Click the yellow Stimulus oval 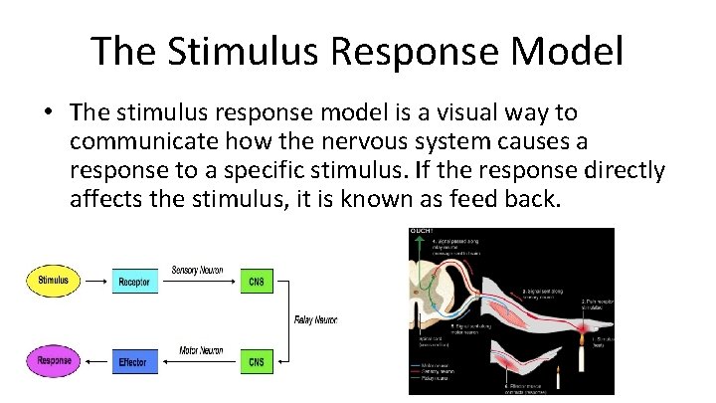pyautogui.click(x=54, y=281)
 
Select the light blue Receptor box pyautogui.click(x=134, y=282)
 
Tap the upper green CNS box pyautogui.click(x=257, y=282)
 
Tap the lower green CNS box pyautogui.click(x=257, y=361)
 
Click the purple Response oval pyautogui.click(x=54, y=361)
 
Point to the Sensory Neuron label pyautogui.click(x=198, y=270)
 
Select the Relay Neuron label pyautogui.click(x=315, y=320)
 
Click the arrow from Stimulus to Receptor pyautogui.click(x=96, y=282)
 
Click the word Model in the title pyautogui.click(x=568, y=51)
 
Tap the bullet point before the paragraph pyautogui.click(x=48, y=113)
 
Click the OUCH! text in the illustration pyautogui.click(x=422, y=233)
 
